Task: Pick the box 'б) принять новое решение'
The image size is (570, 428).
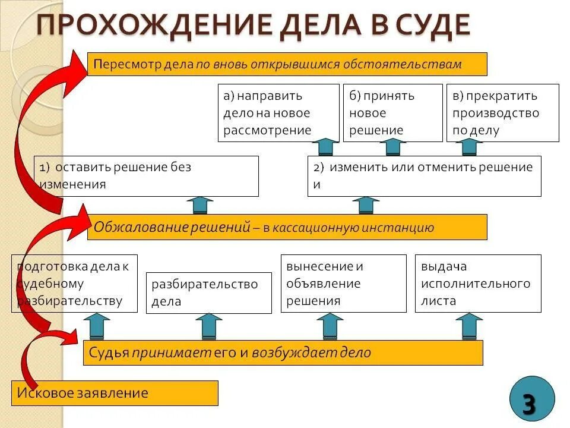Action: point(392,113)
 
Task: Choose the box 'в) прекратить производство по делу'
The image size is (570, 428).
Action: point(502,113)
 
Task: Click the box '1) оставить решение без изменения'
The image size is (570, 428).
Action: point(146,176)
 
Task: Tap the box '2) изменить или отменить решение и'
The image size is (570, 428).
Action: point(424,176)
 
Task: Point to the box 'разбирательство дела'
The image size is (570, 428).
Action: point(208,292)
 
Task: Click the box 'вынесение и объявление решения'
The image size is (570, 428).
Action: point(343,284)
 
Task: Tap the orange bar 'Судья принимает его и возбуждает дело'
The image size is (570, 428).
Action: point(283,353)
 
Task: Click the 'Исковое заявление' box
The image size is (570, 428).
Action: point(115,393)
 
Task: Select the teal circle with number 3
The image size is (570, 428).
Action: point(531,399)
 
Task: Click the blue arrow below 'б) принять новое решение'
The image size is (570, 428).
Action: point(392,147)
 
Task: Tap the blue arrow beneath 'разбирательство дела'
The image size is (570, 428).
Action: point(208,327)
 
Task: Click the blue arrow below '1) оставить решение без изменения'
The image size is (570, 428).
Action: point(199,205)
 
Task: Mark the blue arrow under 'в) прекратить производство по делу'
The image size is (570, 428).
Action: point(469,147)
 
